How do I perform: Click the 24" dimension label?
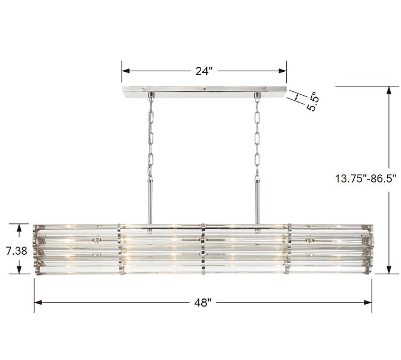click(204, 71)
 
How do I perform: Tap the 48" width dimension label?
click(203, 302)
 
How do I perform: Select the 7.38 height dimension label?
click(16, 251)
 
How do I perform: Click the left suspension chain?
click(150, 137)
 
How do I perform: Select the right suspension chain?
click(257, 137)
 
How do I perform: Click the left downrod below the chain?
click(150, 202)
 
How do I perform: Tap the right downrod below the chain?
click(257, 202)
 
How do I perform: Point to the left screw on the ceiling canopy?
click(143, 89)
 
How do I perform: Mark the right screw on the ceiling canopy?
click(265, 89)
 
